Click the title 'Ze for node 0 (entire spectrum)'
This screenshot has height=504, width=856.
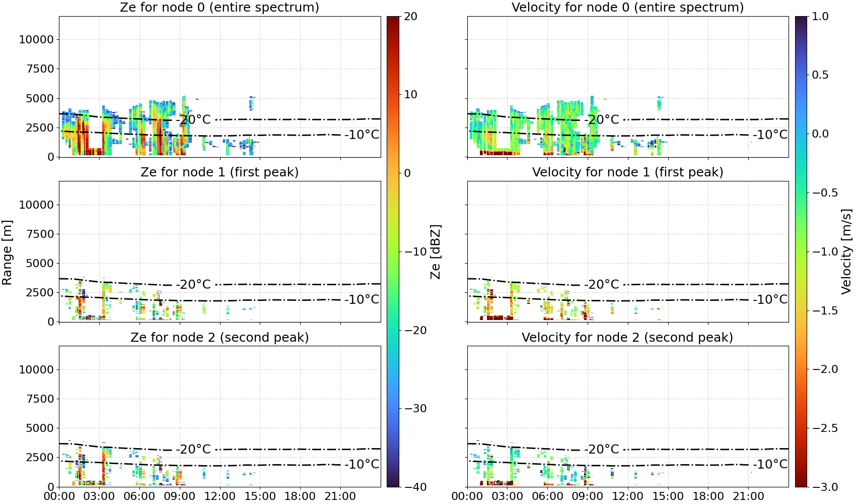point(220,7)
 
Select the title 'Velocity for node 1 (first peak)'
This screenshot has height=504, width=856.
point(627,172)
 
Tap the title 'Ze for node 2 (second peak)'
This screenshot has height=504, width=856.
point(220,337)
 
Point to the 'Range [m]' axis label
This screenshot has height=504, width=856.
point(7,253)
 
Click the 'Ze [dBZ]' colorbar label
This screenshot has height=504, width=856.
point(435,252)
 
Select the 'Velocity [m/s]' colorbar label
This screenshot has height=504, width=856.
point(846,251)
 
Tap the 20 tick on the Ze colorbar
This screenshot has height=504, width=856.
point(411,17)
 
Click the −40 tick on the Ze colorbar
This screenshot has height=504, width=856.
point(415,487)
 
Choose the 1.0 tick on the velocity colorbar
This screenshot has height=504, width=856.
point(820,17)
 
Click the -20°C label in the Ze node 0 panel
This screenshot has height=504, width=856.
point(194,119)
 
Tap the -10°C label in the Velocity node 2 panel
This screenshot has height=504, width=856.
point(770,464)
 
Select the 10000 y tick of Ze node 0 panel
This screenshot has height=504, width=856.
point(37,39)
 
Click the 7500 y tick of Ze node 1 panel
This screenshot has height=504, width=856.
point(40,234)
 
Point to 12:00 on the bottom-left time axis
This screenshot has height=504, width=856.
point(220,496)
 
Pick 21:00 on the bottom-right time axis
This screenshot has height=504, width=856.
point(748,496)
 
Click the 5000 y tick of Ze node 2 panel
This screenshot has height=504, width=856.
point(40,428)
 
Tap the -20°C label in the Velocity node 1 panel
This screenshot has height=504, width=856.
point(602,284)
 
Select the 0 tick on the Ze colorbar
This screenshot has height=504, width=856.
point(407,173)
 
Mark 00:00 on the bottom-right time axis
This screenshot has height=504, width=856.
point(467,496)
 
